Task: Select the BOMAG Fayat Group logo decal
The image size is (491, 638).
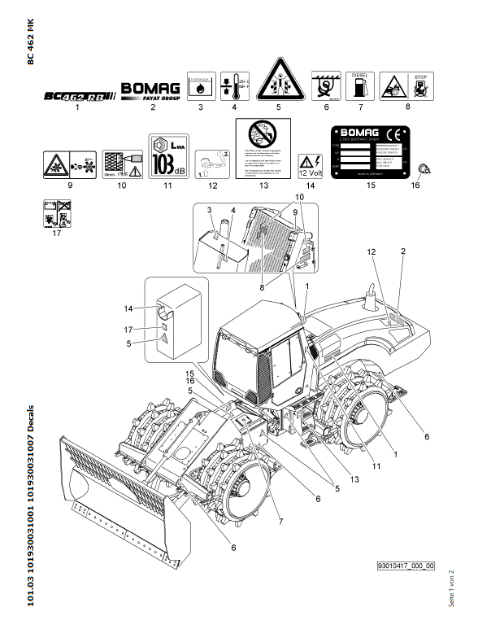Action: point(151,90)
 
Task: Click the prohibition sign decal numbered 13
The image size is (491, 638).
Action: point(264,150)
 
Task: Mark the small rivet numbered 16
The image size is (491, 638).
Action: point(424,168)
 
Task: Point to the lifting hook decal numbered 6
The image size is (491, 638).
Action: point(326,85)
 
